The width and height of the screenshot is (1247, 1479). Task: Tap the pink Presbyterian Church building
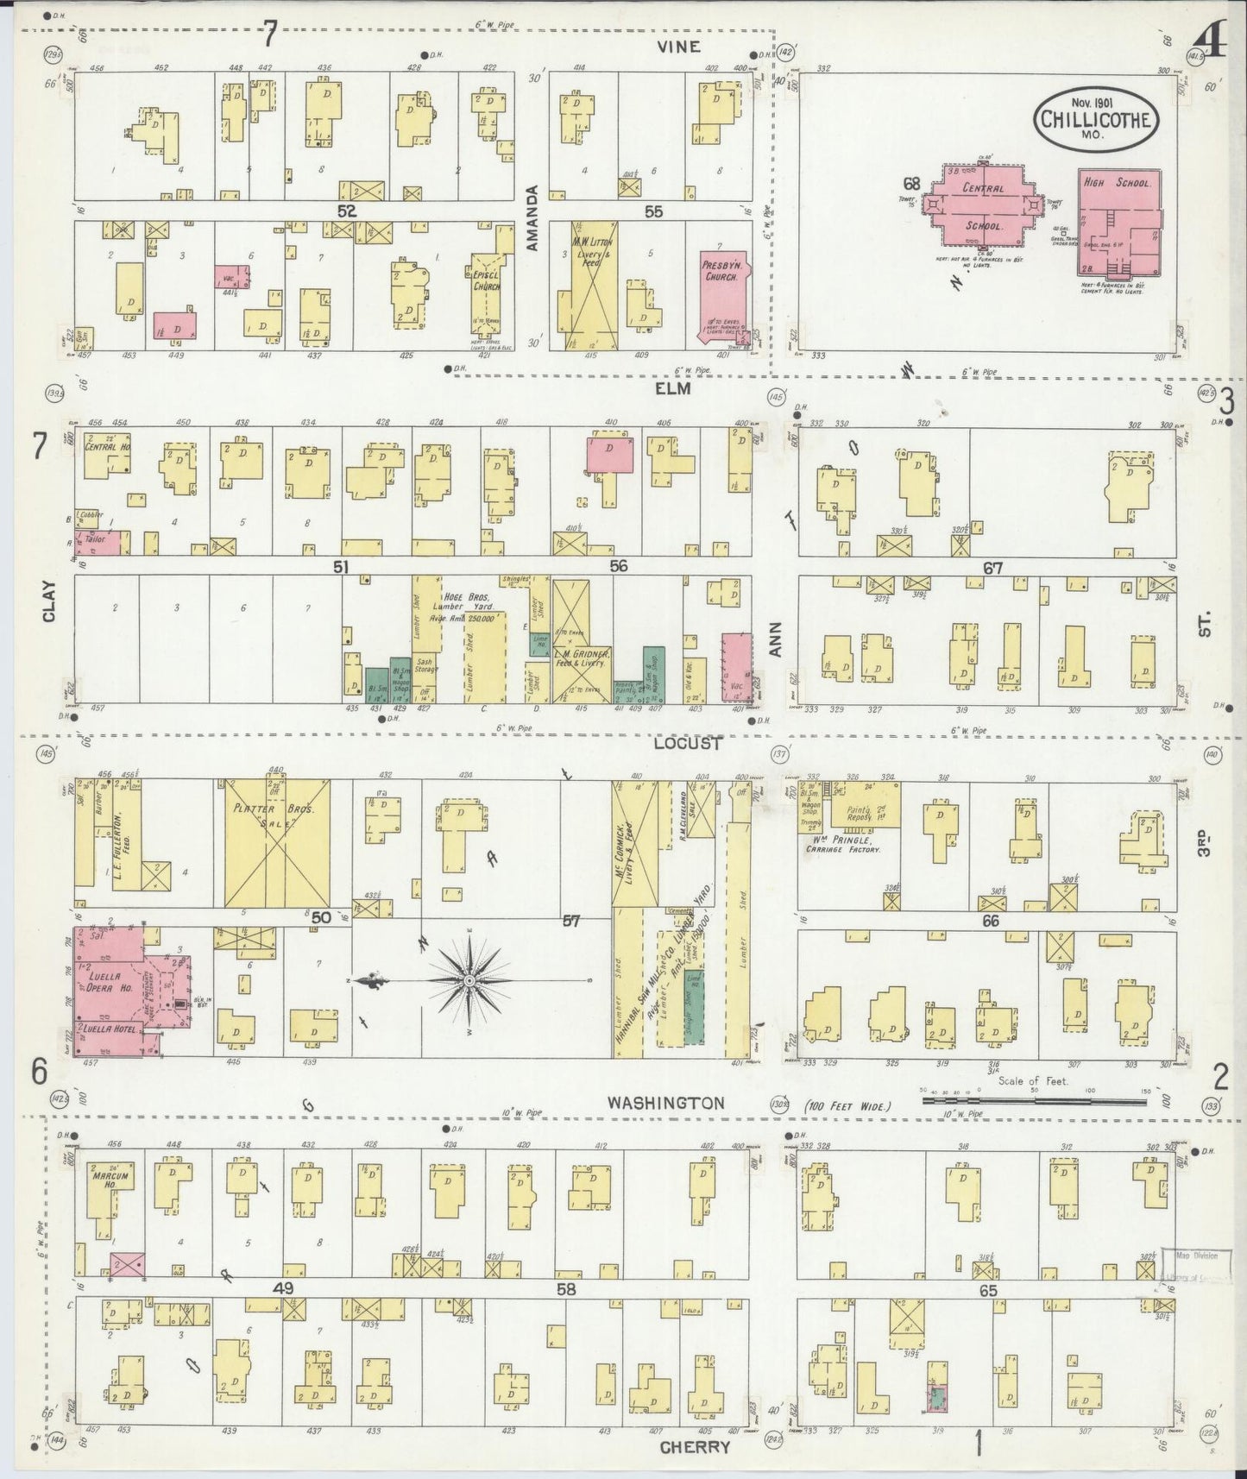point(723,293)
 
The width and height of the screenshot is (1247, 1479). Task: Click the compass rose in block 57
point(469,981)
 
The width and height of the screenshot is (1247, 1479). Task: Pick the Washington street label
point(664,1103)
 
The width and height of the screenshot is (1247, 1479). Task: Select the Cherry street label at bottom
point(694,1447)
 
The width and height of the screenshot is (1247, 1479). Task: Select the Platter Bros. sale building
point(277,844)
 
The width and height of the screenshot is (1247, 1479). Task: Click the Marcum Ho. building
point(111,1186)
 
